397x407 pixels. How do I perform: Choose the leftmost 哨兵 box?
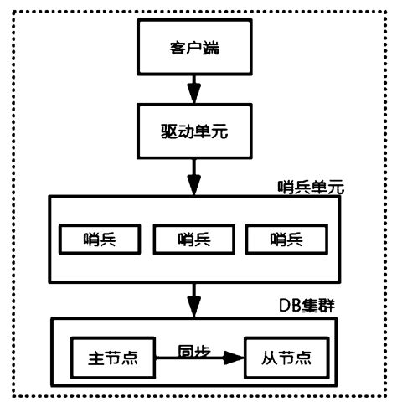[100, 240]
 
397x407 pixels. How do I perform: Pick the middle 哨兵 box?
[194, 240]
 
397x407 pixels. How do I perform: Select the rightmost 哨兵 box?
[286, 240]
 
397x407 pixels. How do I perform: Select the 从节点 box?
[284, 358]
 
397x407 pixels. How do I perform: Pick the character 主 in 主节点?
[95, 358]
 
